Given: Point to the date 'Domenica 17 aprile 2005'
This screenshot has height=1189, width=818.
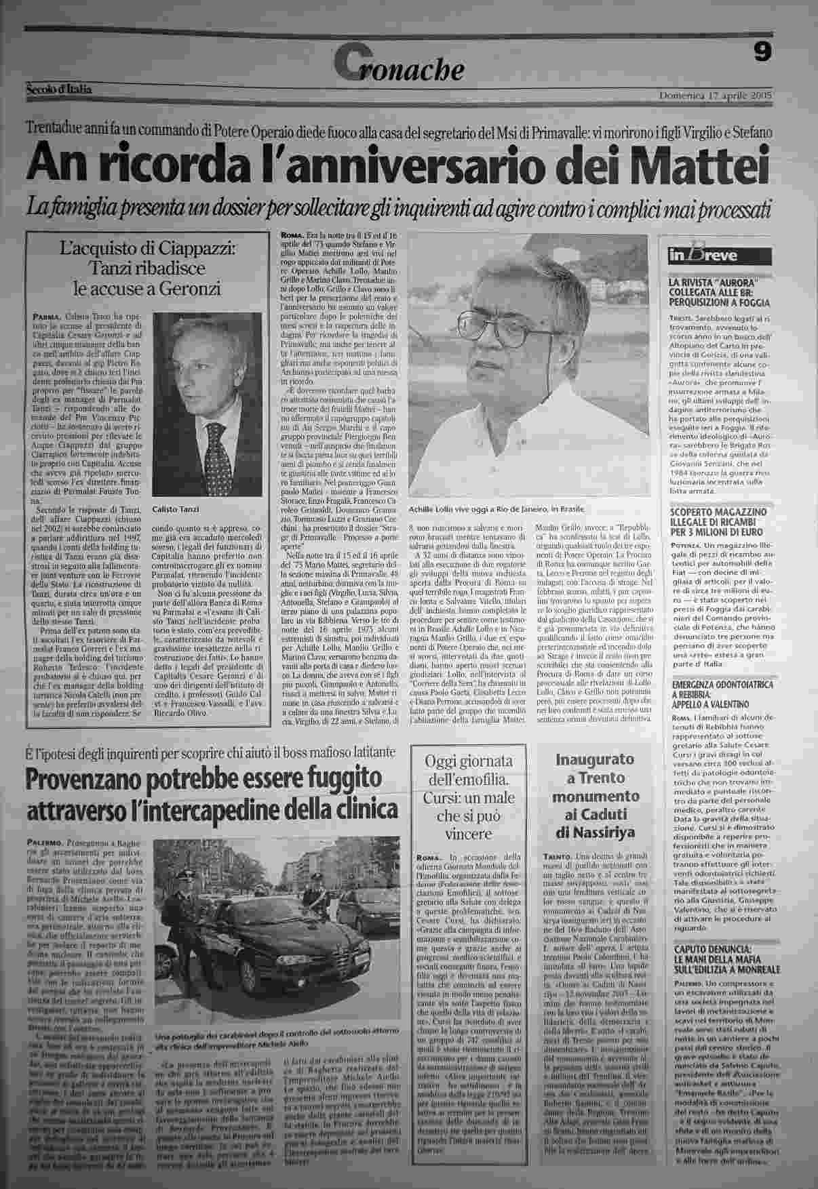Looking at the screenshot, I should click(x=716, y=96).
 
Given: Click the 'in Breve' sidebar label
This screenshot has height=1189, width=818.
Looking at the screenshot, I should click(x=703, y=256).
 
